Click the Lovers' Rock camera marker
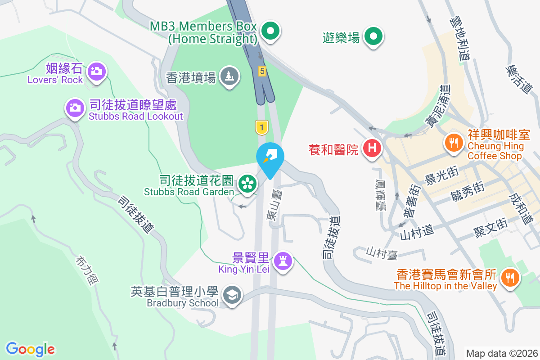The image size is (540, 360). (x=96, y=71)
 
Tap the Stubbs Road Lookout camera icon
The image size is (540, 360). (x=75, y=107)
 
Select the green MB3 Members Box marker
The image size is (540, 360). (x=270, y=31)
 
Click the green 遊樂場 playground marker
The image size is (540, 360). (x=373, y=36)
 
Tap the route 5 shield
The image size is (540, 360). (x=262, y=71)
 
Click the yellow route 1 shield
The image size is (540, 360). (x=261, y=127)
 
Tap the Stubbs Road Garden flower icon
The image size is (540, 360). (x=247, y=183)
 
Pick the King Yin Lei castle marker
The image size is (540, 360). (x=283, y=261)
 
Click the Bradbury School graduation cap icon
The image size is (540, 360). (x=232, y=295)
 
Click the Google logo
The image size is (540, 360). (x=30, y=349)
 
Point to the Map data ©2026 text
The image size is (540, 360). (x=501, y=353)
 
